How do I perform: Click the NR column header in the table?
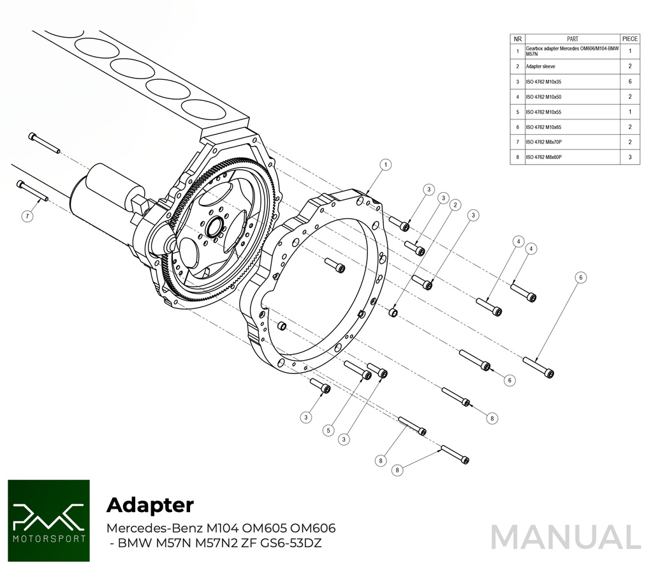click(x=518, y=38)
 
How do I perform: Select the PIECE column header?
click(x=629, y=38)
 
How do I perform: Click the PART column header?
click(x=572, y=38)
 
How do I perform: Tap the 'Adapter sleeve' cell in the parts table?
click(x=541, y=66)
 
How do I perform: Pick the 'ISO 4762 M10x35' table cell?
click(x=543, y=82)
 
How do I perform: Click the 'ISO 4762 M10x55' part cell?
click(x=543, y=112)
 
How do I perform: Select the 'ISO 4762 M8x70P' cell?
click(x=543, y=142)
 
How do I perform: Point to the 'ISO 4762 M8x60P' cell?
click(x=543, y=157)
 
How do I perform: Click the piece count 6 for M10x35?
click(x=629, y=82)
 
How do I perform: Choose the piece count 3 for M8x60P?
click(x=629, y=157)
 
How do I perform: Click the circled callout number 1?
click(x=385, y=165)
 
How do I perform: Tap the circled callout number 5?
click(x=328, y=431)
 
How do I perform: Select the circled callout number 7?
click(x=27, y=216)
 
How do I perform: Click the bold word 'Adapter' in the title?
click(x=150, y=505)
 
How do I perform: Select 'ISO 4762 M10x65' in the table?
click(x=543, y=127)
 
